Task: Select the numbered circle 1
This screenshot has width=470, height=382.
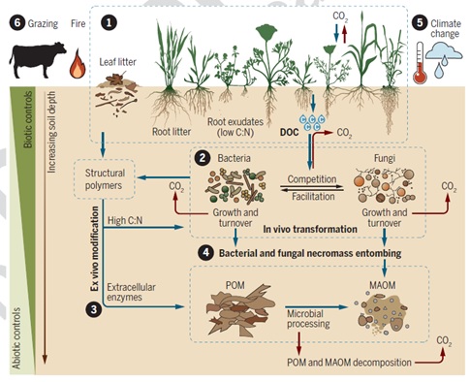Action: [110, 19]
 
